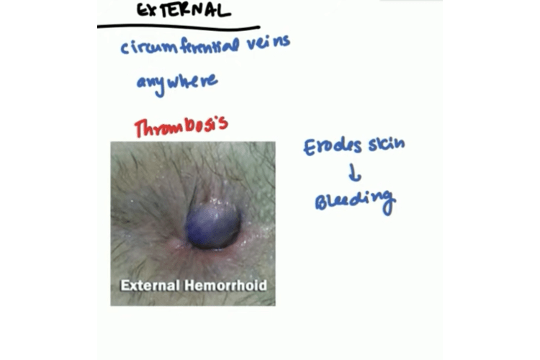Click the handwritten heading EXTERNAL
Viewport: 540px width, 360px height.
tap(184, 10)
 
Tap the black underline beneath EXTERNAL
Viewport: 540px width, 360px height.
tap(179, 27)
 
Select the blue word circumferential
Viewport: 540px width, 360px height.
tap(179, 47)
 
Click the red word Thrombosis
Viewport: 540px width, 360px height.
tap(181, 127)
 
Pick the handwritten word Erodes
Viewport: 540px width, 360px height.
tap(333, 147)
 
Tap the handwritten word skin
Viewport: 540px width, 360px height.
tap(387, 144)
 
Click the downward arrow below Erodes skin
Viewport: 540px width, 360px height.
tap(354, 173)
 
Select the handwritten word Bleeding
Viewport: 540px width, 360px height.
tap(355, 202)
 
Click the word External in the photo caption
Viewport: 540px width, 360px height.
tap(150, 286)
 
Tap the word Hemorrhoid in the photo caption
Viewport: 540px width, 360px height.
tap(225, 286)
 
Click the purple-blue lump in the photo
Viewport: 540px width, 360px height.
tap(212, 225)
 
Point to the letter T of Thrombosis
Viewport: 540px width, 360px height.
tap(140, 129)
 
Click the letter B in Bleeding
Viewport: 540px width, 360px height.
tap(321, 202)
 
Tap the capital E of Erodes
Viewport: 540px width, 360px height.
tap(310, 148)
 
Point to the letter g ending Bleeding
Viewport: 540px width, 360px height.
tap(388, 203)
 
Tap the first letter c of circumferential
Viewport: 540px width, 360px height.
tap(124, 48)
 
